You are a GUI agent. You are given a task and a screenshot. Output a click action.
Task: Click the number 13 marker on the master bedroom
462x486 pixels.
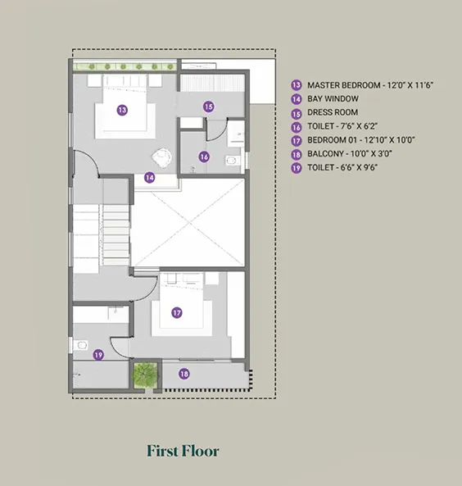(x=122, y=110)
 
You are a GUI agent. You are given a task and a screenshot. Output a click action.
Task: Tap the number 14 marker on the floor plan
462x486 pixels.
(x=150, y=178)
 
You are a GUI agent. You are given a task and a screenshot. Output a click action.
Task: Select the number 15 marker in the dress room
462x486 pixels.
(x=209, y=107)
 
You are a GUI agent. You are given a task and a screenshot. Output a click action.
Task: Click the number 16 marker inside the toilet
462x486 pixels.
(x=204, y=157)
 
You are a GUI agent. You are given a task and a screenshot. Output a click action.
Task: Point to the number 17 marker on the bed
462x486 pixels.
(x=177, y=312)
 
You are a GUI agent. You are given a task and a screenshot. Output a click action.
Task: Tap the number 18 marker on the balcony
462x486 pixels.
(x=184, y=374)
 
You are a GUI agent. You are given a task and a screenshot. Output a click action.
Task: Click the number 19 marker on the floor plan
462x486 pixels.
(x=98, y=355)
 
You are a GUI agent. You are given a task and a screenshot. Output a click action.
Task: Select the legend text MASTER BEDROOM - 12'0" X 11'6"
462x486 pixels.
(x=370, y=85)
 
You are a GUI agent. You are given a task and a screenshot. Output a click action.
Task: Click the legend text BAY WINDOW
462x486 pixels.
(x=333, y=99)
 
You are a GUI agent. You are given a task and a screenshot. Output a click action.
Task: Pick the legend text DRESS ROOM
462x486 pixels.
(x=333, y=112)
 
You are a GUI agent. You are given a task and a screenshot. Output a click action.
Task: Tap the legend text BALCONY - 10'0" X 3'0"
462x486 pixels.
(x=350, y=154)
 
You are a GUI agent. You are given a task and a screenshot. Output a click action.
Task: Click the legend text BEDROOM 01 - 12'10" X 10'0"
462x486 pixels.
(x=361, y=140)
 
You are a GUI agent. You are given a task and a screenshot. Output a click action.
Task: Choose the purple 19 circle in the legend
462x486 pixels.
(x=297, y=168)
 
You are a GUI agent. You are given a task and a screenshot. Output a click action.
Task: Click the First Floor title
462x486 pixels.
(x=183, y=451)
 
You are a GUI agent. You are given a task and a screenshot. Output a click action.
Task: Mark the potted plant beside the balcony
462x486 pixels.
(x=144, y=374)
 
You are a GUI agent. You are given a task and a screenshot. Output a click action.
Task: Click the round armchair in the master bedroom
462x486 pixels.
(x=161, y=157)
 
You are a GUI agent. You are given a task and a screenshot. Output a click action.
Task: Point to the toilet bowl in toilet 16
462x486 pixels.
(x=232, y=161)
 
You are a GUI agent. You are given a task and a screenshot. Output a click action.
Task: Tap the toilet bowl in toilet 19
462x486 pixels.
(x=80, y=345)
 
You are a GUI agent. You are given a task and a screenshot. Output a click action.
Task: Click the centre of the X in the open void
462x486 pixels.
(x=188, y=223)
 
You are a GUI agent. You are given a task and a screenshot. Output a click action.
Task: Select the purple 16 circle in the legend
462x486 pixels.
(x=297, y=127)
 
